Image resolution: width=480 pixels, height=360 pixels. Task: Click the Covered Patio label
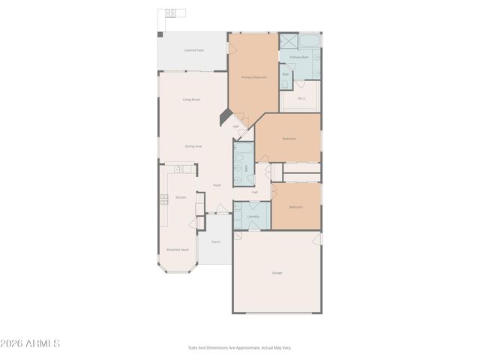pyautogui.click(x=193, y=50)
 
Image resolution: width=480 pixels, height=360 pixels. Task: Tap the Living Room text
pyautogui.click(x=191, y=100)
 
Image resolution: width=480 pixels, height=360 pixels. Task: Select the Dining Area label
pyautogui.click(x=193, y=145)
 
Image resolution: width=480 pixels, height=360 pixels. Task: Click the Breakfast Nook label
pyautogui.click(x=178, y=250)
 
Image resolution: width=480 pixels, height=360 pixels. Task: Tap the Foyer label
pyautogui.click(x=217, y=184)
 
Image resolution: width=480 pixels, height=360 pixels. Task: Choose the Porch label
pyautogui.click(x=215, y=241)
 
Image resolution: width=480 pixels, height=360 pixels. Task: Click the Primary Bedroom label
pyautogui.click(x=253, y=77)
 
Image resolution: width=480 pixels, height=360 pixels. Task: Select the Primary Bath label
pyautogui.click(x=299, y=57)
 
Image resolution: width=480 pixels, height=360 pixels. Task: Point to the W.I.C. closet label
pyautogui.click(x=301, y=97)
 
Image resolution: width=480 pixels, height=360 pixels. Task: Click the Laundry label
pyautogui.click(x=253, y=217)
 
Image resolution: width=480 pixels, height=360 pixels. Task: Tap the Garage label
pyautogui.click(x=277, y=272)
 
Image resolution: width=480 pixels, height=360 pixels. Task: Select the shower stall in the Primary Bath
pyautogui.click(x=289, y=41)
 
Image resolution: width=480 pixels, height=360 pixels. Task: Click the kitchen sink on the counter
pyautogui.click(x=179, y=169)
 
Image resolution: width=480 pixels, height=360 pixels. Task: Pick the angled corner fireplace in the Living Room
pyautogui.click(x=224, y=118)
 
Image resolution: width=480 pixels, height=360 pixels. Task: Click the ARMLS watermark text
pyautogui.click(x=30, y=343)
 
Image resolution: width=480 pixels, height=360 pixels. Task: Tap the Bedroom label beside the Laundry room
pyautogui.click(x=295, y=206)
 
